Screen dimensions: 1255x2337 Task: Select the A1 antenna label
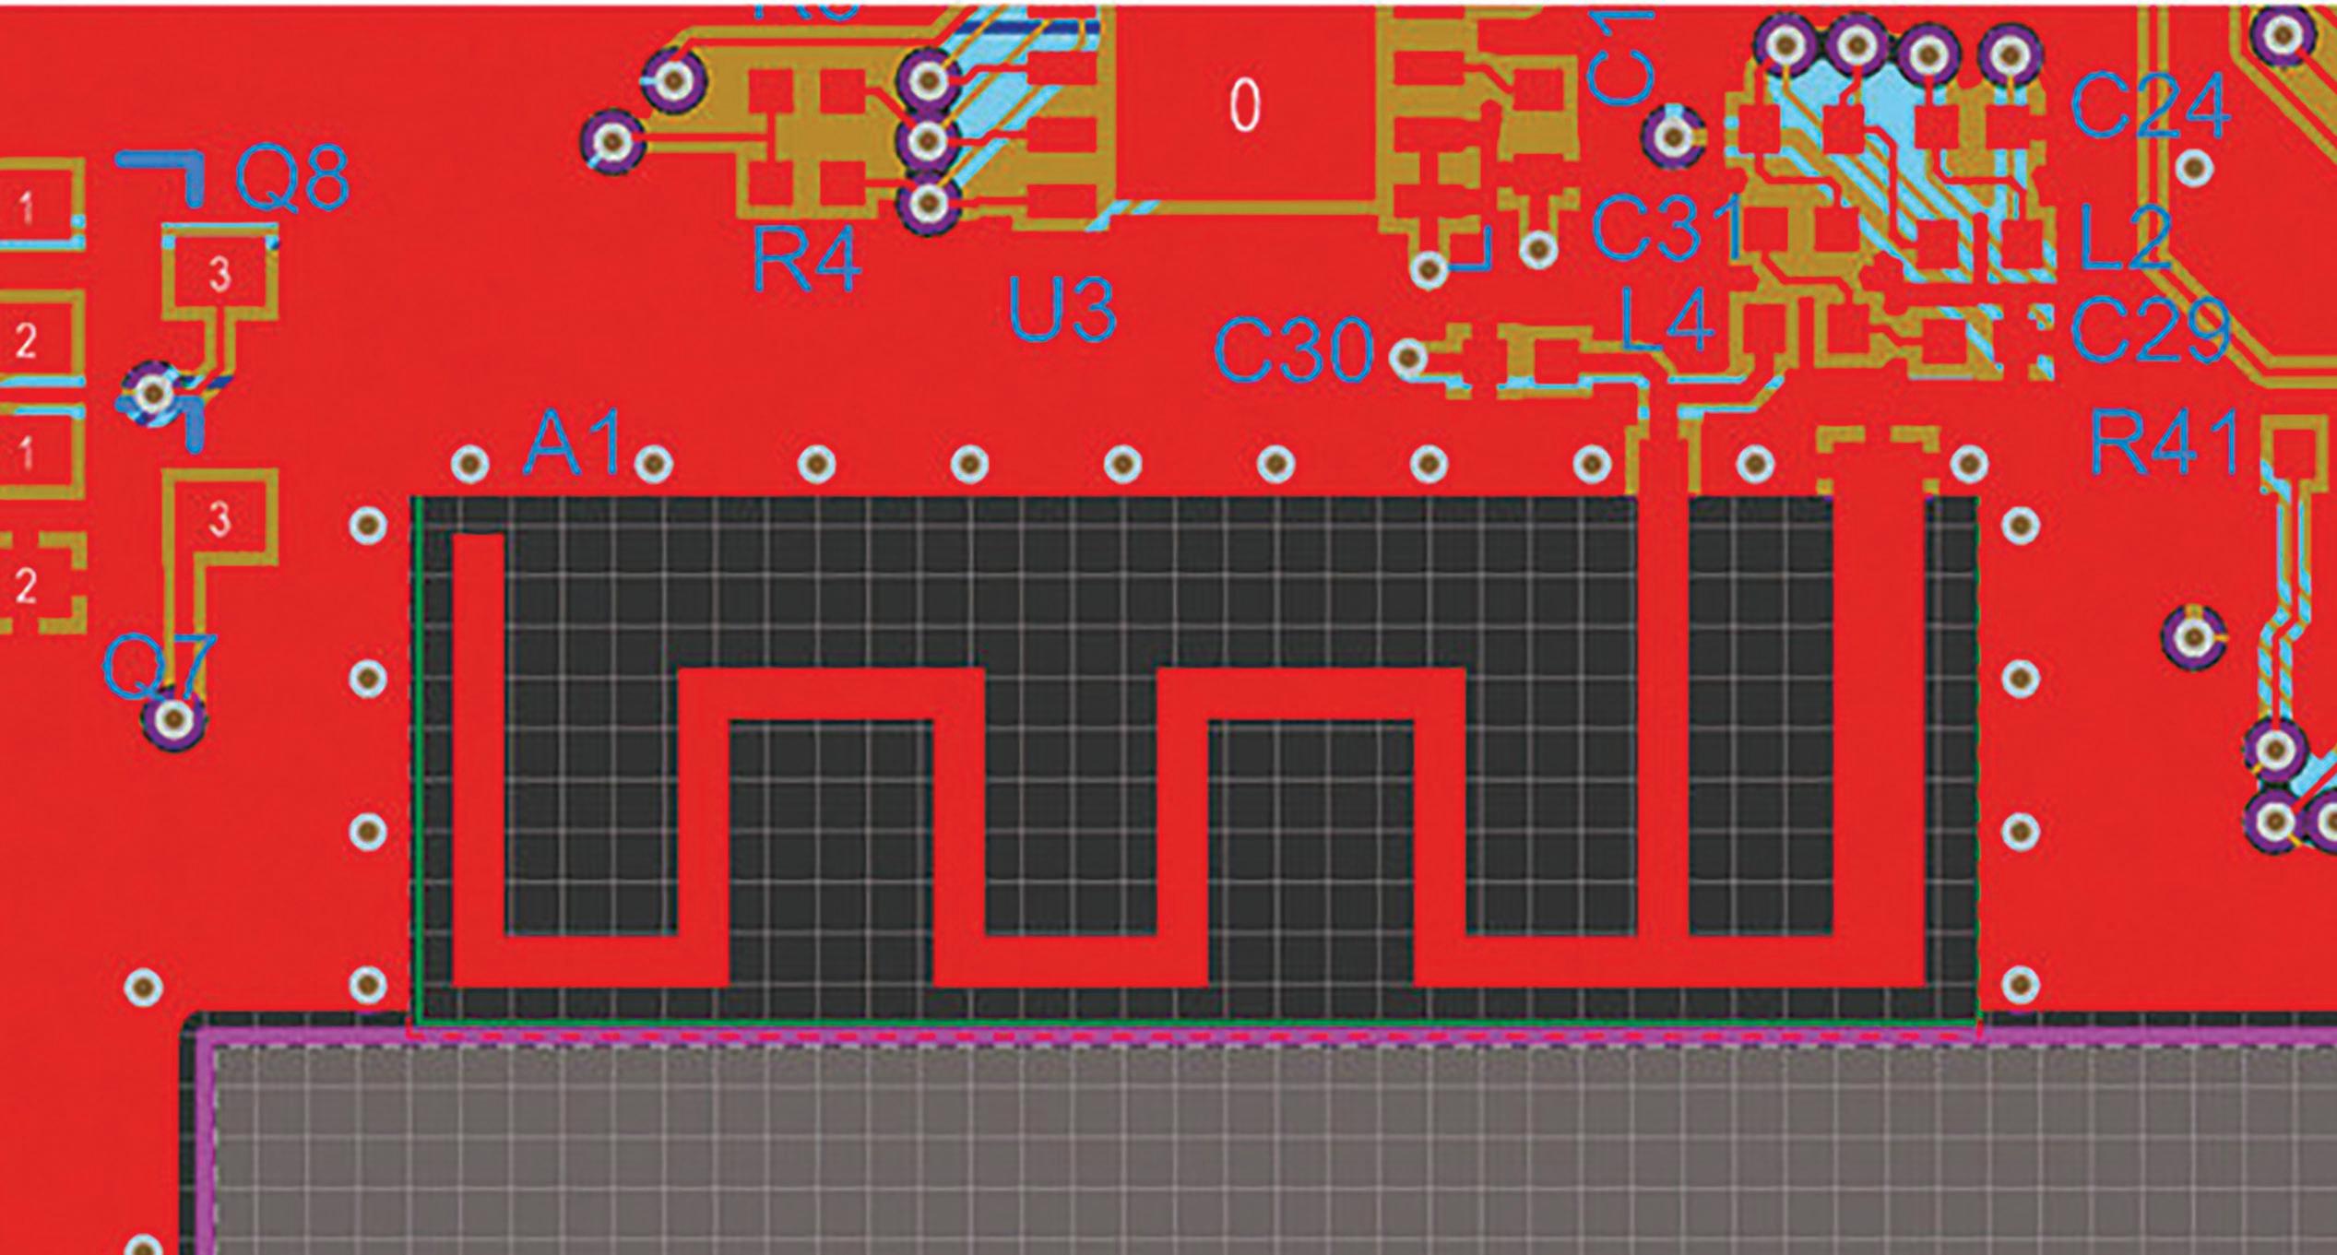(572, 444)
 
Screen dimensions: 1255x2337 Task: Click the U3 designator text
(1062, 311)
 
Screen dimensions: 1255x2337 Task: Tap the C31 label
(1667, 228)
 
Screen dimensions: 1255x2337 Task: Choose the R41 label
(2163, 444)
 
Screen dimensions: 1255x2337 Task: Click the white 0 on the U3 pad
(1244, 105)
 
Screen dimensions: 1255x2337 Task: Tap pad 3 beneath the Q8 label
(219, 274)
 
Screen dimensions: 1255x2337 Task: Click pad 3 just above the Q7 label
(219, 519)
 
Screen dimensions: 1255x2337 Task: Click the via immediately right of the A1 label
(654, 462)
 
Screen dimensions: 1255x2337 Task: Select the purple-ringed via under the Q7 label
(173, 717)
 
